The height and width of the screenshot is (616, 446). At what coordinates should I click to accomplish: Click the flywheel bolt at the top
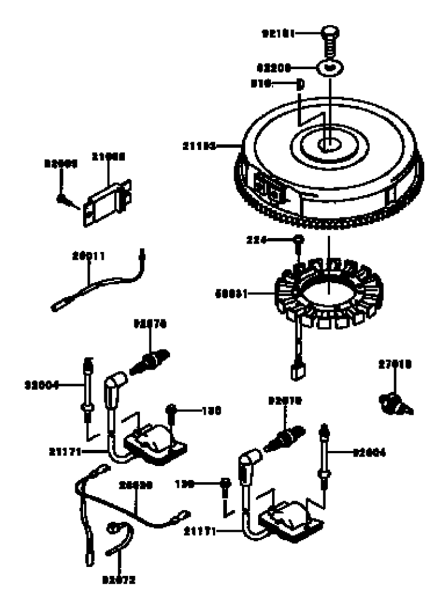(x=330, y=39)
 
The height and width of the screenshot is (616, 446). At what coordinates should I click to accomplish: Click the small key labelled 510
(x=299, y=85)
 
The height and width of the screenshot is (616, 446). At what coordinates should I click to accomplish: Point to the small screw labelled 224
(x=299, y=240)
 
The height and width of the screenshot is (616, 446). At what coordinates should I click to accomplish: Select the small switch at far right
(x=395, y=403)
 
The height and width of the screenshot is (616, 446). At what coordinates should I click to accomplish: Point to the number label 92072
(x=119, y=580)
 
